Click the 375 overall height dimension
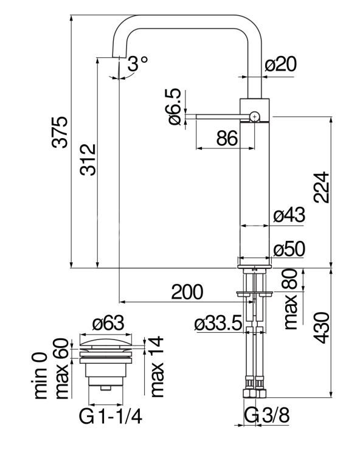[x=60, y=132]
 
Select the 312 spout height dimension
[x=88, y=159]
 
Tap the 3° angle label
[x=138, y=63]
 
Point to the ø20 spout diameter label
[x=280, y=64]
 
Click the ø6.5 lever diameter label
[x=175, y=107]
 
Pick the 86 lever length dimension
[x=227, y=138]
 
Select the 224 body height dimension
[x=322, y=187]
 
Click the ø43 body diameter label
[x=289, y=215]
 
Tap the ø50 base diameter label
[x=289, y=249]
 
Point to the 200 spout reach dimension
[x=187, y=292]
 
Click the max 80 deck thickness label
[x=291, y=299]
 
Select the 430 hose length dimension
[x=322, y=328]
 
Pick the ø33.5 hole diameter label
[x=218, y=324]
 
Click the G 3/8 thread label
[x=267, y=415]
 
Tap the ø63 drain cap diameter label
[x=108, y=323]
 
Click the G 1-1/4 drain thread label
[x=111, y=417]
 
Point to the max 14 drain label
[x=157, y=367]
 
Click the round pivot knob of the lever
[x=254, y=117]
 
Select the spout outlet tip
[x=119, y=56]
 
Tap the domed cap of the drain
[x=106, y=342]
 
